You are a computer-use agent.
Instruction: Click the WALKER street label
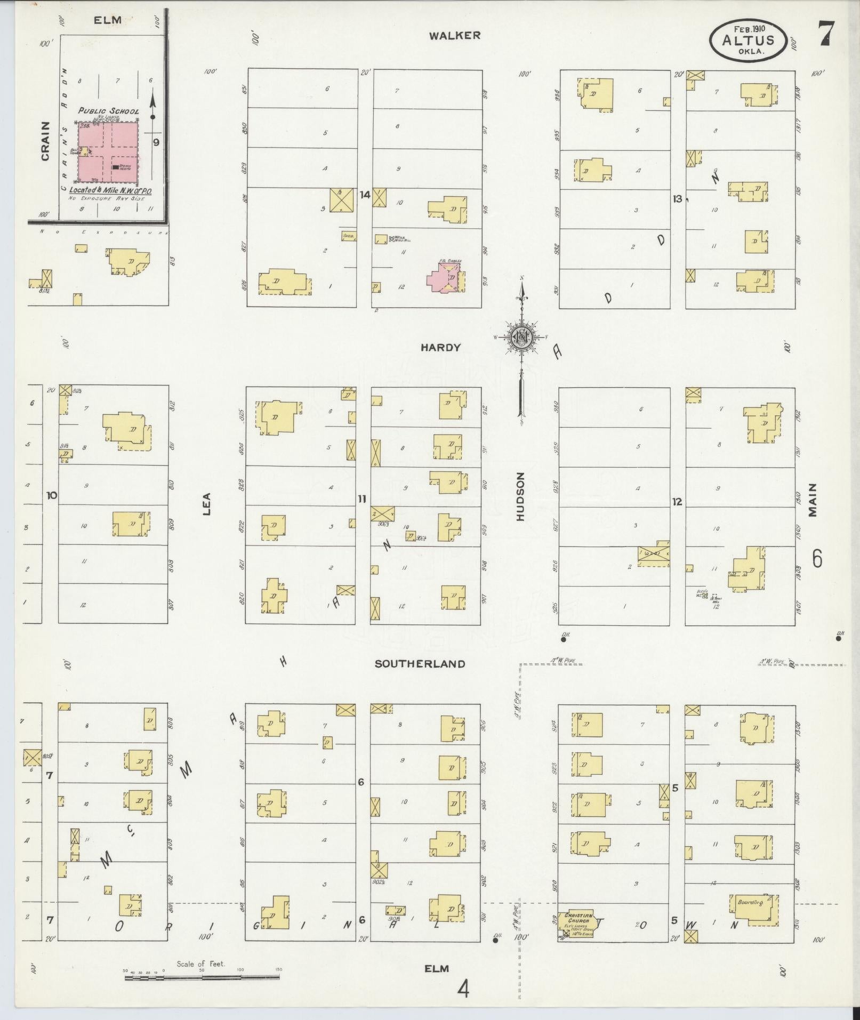(x=455, y=36)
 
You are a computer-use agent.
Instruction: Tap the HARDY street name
(x=440, y=348)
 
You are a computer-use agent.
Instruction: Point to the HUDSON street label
(x=521, y=496)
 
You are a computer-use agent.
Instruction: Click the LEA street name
(x=206, y=504)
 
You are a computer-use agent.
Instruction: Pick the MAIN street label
(x=813, y=500)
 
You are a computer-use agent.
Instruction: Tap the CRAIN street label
(x=45, y=141)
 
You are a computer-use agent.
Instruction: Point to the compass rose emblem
(x=520, y=336)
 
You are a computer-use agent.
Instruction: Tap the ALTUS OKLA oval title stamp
(x=748, y=38)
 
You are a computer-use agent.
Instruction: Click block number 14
(x=364, y=195)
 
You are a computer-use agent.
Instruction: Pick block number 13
(x=677, y=199)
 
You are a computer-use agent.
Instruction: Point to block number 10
(x=51, y=495)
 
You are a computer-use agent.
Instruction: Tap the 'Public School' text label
(x=108, y=111)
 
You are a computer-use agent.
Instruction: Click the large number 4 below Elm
(x=463, y=990)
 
